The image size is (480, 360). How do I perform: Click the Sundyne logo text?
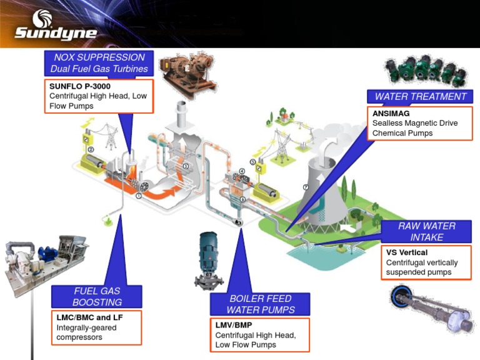(56, 32)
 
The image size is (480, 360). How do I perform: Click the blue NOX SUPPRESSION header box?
(99, 62)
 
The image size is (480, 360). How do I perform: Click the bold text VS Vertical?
(407, 252)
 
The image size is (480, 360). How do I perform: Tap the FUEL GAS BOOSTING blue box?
(96, 296)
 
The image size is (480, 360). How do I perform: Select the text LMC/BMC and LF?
(89, 317)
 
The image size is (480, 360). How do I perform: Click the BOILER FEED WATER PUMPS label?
(260, 304)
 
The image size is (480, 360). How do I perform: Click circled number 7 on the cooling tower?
(306, 187)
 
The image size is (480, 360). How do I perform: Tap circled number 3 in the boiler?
(186, 166)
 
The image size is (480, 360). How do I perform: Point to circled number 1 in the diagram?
(139, 195)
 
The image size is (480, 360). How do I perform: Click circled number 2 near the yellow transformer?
(91, 149)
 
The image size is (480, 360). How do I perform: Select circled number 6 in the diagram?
(243, 199)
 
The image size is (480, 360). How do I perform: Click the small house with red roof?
(286, 116)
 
